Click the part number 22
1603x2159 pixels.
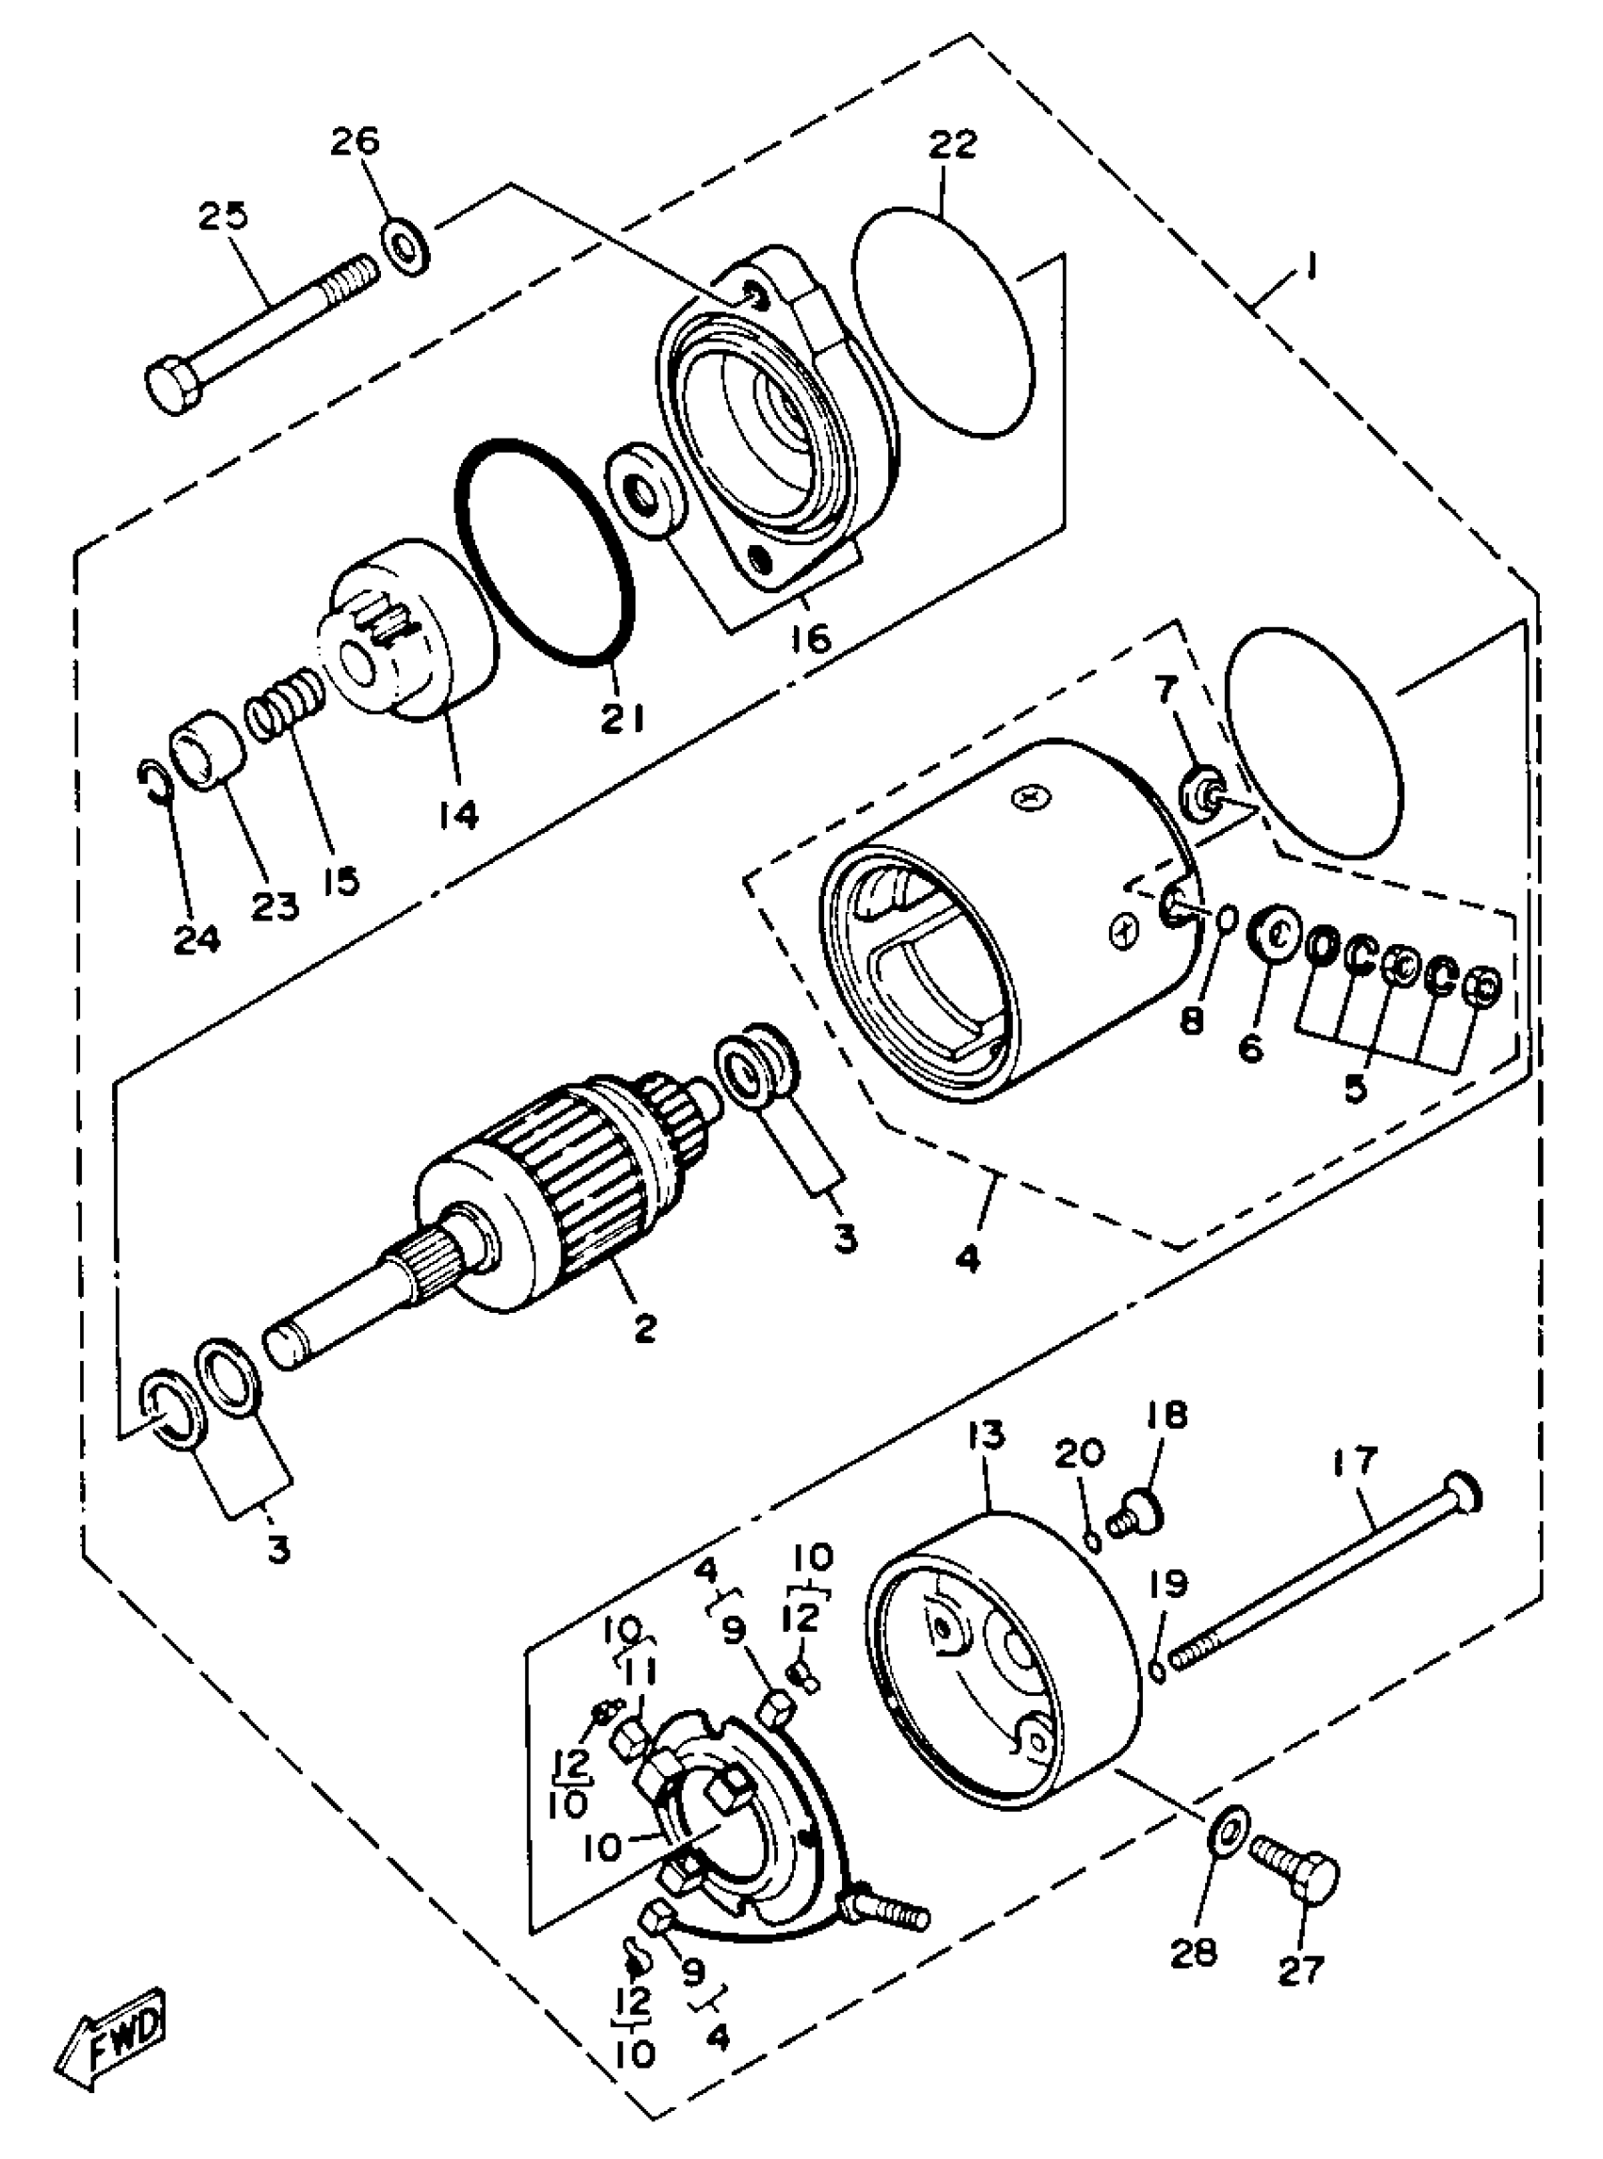[952, 143]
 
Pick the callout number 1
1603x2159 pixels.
[1311, 265]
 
